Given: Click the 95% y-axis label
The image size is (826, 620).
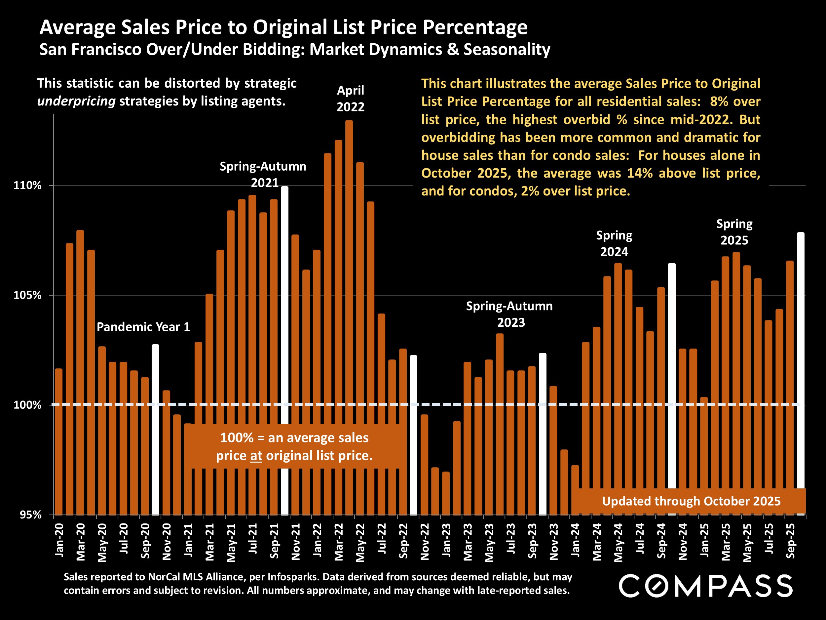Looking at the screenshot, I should coord(30,515).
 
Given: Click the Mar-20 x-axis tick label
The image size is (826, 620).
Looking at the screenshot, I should coord(81,542).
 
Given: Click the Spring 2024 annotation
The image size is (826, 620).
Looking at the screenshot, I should coord(614,244).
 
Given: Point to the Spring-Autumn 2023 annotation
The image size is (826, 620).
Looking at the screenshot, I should coord(509,314).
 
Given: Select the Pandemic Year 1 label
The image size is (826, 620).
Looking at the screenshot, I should coord(143,327).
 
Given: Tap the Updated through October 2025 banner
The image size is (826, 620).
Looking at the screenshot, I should coord(691,501).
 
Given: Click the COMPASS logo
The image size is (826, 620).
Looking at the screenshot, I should coord(705,586).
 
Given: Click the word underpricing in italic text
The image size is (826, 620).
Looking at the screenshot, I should coord(76,101).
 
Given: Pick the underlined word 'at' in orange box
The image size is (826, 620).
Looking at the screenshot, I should coord(256,456).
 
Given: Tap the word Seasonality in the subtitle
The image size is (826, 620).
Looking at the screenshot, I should coord(507,49).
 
